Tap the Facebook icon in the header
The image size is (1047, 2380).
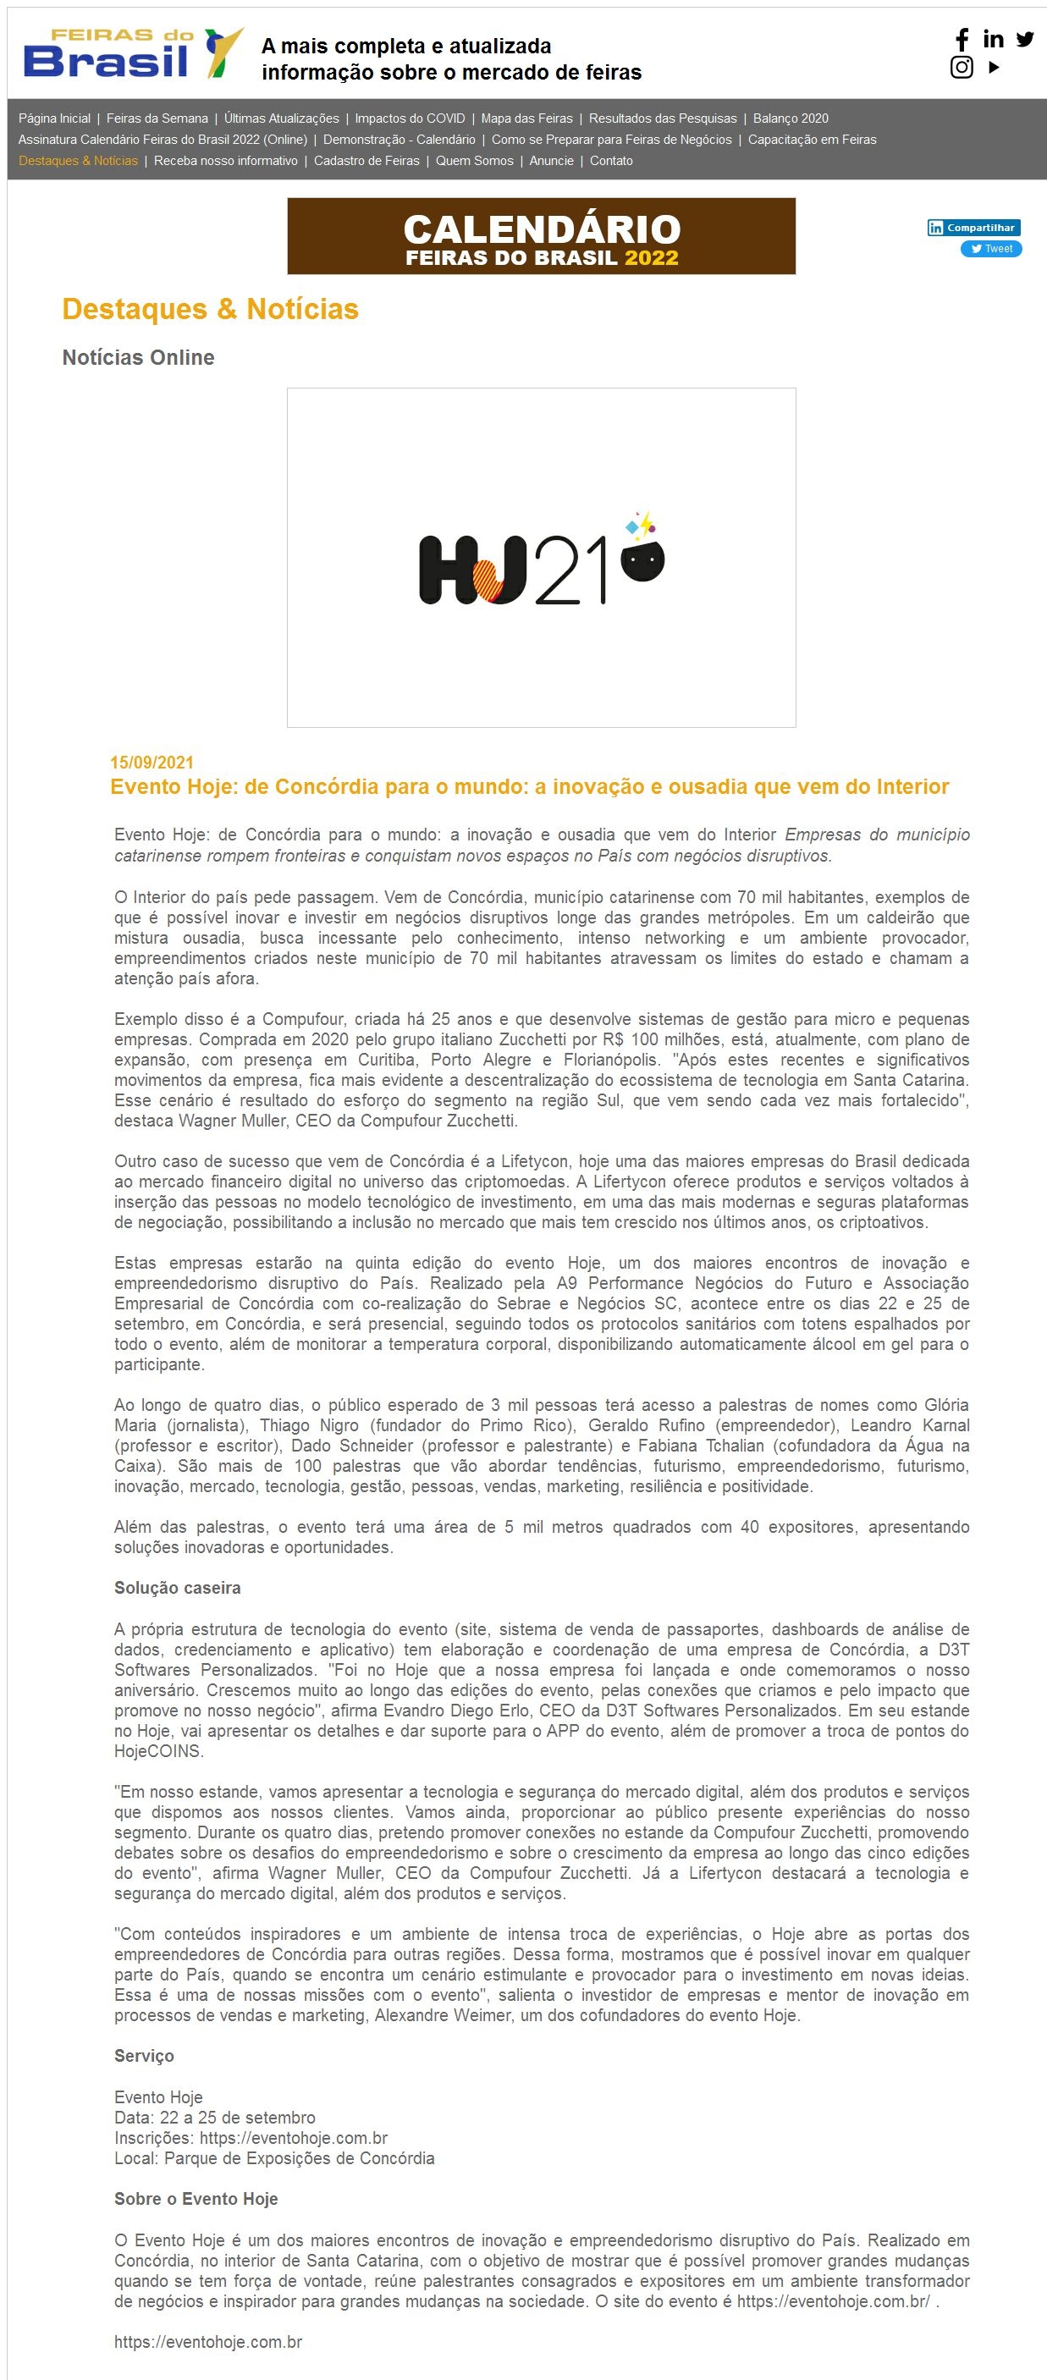click(x=962, y=39)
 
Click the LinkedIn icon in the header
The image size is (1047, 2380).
click(x=994, y=39)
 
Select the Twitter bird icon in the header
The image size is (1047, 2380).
click(x=1025, y=39)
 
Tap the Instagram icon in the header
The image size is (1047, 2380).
click(x=962, y=68)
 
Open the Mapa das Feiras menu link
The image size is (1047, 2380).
click(x=526, y=118)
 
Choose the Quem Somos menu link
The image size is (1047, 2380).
click(x=474, y=161)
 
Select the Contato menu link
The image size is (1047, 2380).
click(x=611, y=161)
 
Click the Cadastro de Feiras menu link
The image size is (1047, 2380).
click(x=366, y=161)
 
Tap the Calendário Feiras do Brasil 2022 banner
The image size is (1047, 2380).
click(x=541, y=236)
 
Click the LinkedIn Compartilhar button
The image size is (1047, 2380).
click(x=973, y=229)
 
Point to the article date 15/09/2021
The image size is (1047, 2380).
click(x=152, y=763)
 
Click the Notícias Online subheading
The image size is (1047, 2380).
click(x=138, y=357)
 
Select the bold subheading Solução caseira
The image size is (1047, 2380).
click(x=178, y=1588)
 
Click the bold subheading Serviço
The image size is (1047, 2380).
click(x=143, y=2056)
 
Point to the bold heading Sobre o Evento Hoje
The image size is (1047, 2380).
click(x=196, y=2199)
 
